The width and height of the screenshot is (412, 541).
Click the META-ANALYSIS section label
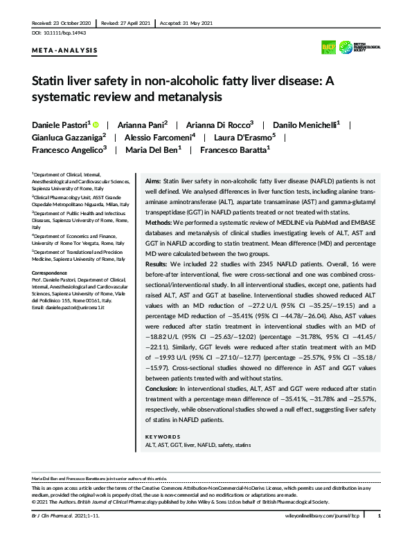click(x=65, y=51)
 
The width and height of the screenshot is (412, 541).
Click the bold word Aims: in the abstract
click(x=154, y=179)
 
